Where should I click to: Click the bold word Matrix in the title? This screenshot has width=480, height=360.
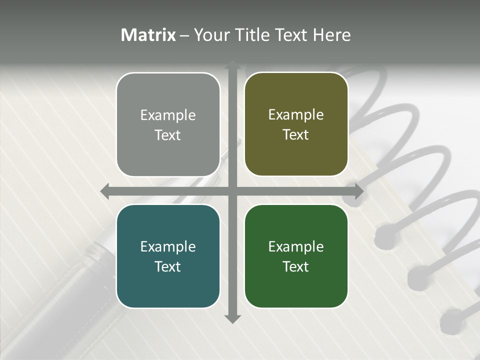coord(148,35)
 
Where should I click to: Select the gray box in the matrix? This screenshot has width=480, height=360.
coord(168,124)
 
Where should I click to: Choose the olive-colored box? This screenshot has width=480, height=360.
coord(296,124)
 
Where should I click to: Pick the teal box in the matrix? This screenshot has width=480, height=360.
coord(168,256)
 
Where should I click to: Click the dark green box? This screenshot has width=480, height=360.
coord(296,256)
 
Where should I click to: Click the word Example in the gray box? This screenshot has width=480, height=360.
coord(168,115)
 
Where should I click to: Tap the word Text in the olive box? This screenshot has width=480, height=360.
coord(296,135)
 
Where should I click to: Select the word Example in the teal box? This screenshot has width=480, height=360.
coord(168,247)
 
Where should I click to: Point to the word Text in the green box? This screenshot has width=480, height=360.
coord(296,266)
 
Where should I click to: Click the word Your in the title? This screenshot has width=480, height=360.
coord(209,35)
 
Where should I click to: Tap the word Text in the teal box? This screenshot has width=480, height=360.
coord(168,266)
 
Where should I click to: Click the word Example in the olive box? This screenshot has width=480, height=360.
coord(296,115)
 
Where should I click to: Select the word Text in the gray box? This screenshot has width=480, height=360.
coord(168,135)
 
